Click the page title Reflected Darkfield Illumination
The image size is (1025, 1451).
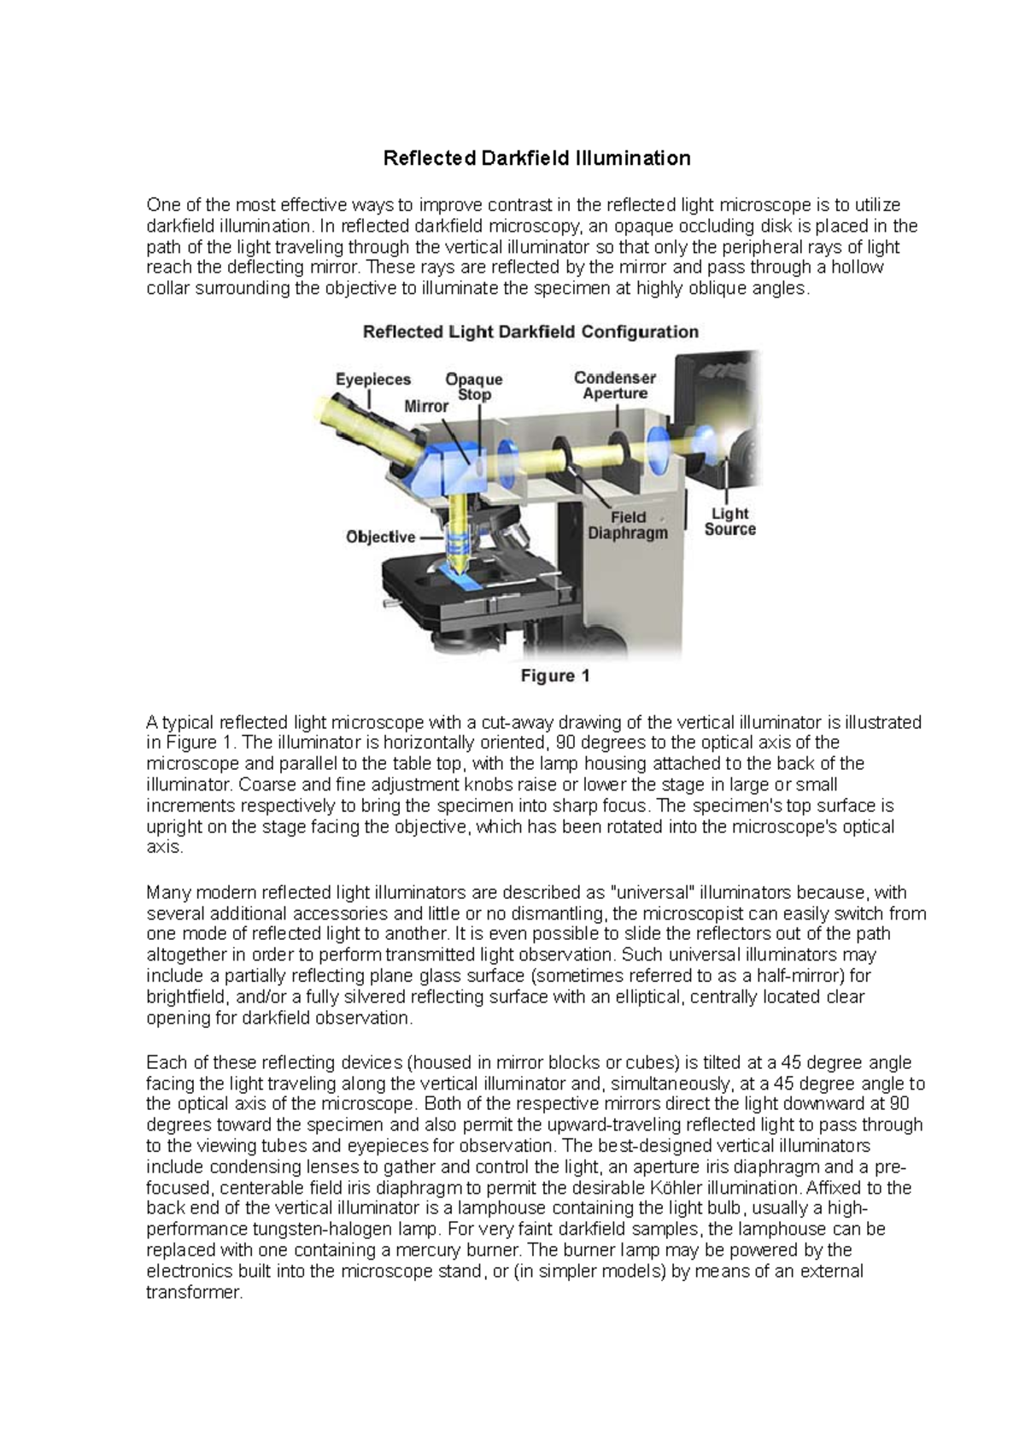(x=536, y=158)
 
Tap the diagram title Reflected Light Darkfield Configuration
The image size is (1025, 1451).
(x=530, y=332)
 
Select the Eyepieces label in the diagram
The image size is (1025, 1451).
(x=373, y=379)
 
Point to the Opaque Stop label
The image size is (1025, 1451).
(x=474, y=386)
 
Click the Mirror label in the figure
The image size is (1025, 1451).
(x=426, y=407)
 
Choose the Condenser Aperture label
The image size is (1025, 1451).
(x=615, y=385)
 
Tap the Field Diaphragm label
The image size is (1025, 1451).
(x=628, y=525)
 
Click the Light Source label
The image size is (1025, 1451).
(x=729, y=521)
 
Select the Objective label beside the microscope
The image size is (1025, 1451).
(x=381, y=537)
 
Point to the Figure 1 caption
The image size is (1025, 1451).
(x=555, y=676)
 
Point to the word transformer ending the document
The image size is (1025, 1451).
(x=194, y=1292)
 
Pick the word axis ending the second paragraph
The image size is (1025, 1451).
(x=164, y=848)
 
